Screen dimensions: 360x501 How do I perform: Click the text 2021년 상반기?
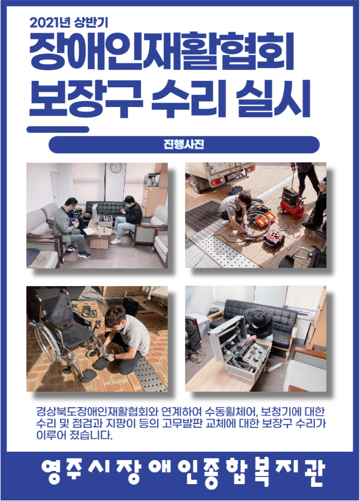point(69,23)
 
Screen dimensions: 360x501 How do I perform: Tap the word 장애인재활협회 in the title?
point(162,51)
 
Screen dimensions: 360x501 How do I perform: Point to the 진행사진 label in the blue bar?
point(184,145)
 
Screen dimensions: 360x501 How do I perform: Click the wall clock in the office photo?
point(116,168)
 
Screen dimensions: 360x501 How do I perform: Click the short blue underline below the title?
point(58,129)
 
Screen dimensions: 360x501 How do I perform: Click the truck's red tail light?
point(217,181)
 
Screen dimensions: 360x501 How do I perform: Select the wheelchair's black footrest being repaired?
point(102,363)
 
